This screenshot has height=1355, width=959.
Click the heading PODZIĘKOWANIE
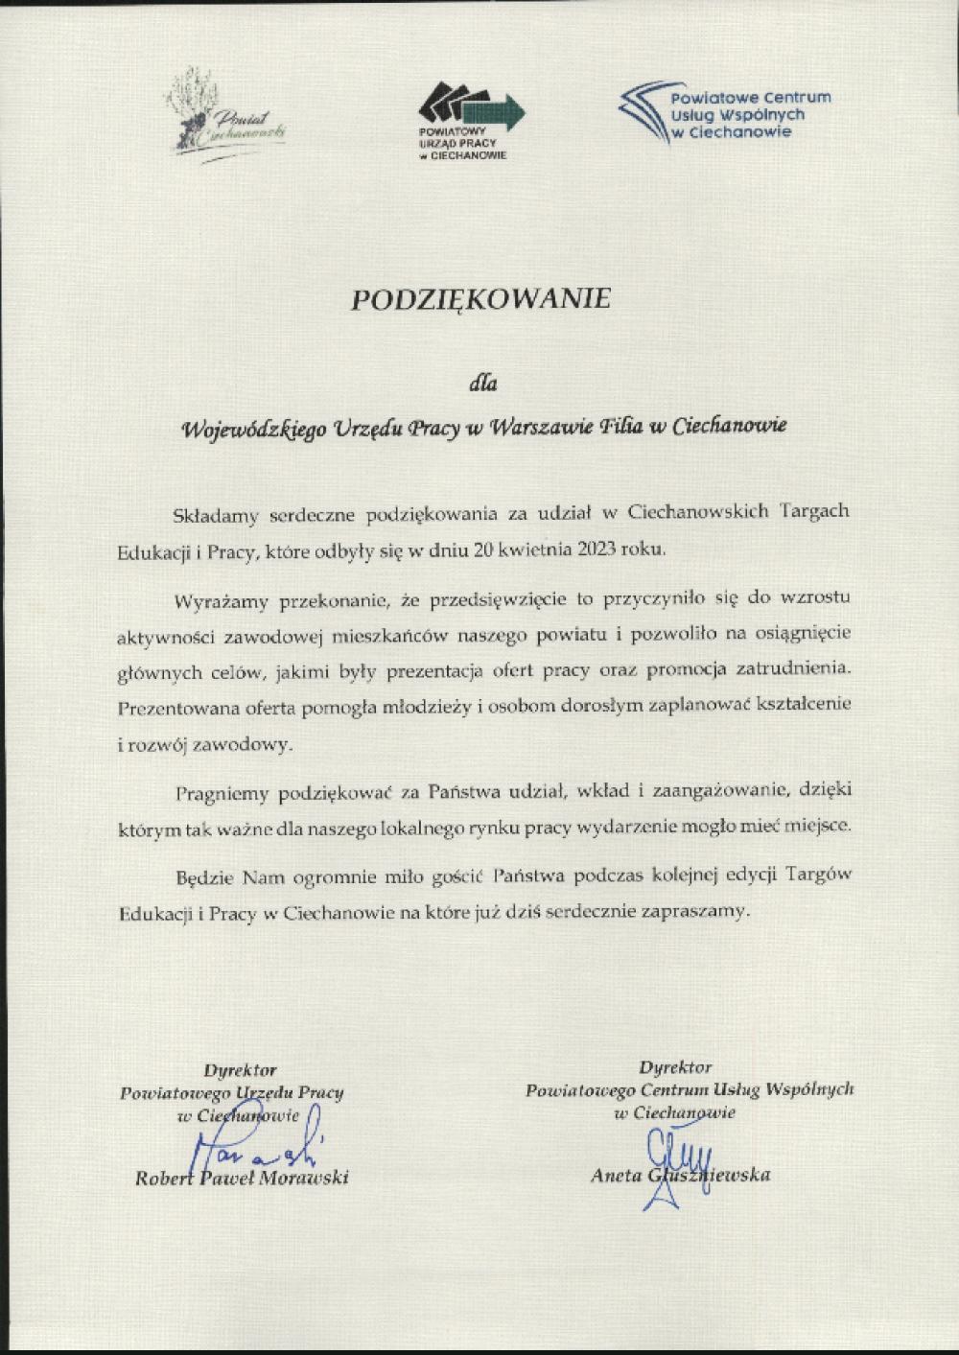click(x=480, y=299)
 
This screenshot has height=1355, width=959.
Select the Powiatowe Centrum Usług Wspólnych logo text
click(x=749, y=114)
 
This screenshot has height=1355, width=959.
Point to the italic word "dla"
click(x=482, y=384)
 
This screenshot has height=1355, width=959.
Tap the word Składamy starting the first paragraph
click(x=216, y=515)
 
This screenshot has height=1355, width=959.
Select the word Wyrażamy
click(x=222, y=602)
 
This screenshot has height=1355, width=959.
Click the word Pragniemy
click(x=222, y=793)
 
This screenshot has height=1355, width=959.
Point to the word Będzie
click(x=204, y=876)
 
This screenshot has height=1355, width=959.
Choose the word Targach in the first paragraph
click(x=815, y=511)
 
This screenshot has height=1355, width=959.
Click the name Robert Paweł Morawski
click(x=242, y=1178)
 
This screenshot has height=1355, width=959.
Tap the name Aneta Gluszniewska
click(x=680, y=1175)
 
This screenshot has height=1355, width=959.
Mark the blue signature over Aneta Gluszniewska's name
click(x=677, y=1156)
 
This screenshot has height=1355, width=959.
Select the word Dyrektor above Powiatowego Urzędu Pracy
click(x=240, y=1070)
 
